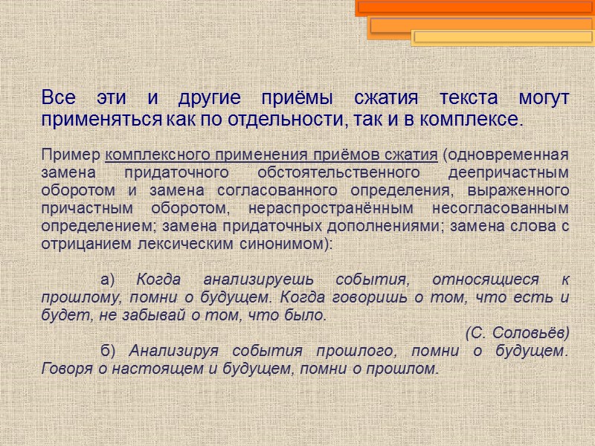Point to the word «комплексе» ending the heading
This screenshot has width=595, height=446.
pyautogui.click(x=479, y=119)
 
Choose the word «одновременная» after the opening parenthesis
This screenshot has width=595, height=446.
pyautogui.click(x=508, y=155)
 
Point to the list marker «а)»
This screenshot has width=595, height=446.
pyautogui.click(x=109, y=279)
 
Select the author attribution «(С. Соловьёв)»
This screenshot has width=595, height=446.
pyautogui.click(x=517, y=332)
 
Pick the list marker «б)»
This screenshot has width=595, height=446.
pyautogui.click(x=108, y=350)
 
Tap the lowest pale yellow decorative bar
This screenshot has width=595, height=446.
pyautogui.click(x=502, y=37)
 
